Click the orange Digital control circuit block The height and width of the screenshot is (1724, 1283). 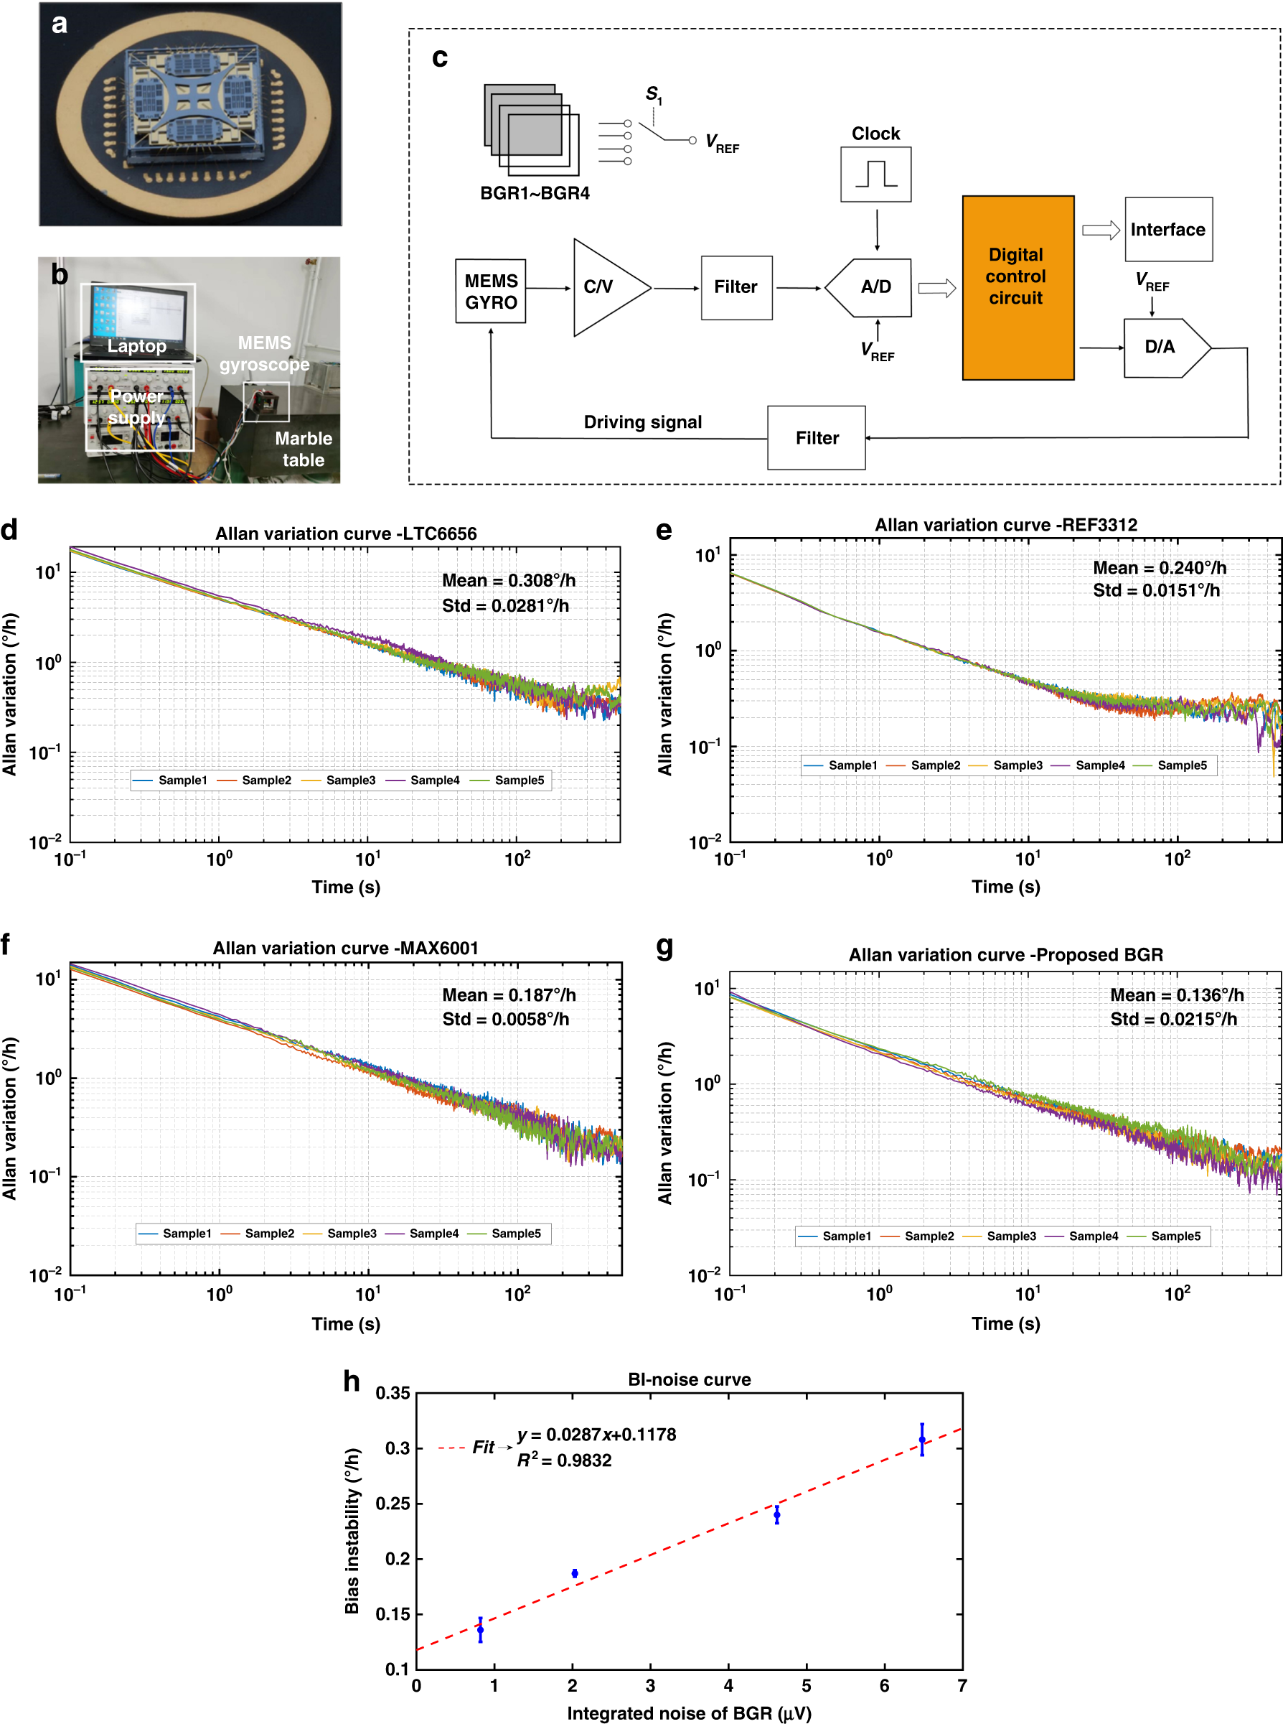point(1018,287)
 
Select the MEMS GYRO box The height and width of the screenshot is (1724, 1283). point(491,292)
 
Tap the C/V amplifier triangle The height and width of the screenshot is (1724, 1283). point(605,287)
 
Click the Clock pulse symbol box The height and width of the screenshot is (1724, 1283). point(875,174)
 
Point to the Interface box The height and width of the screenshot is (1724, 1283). point(1167,229)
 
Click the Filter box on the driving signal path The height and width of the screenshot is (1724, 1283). point(817,438)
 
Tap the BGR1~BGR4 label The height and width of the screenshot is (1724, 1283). point(535,192)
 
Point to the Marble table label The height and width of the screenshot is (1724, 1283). point(303,449)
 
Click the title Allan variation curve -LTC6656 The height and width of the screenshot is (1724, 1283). point(346,533)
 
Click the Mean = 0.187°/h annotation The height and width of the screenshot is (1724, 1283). point(509,995)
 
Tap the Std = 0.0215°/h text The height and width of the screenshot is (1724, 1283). point(1172,1019)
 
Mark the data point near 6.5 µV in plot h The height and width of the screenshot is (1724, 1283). point(922,1440)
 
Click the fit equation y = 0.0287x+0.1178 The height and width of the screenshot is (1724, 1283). point(596,1434)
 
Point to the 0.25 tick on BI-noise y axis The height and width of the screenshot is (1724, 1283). point(393,1504)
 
